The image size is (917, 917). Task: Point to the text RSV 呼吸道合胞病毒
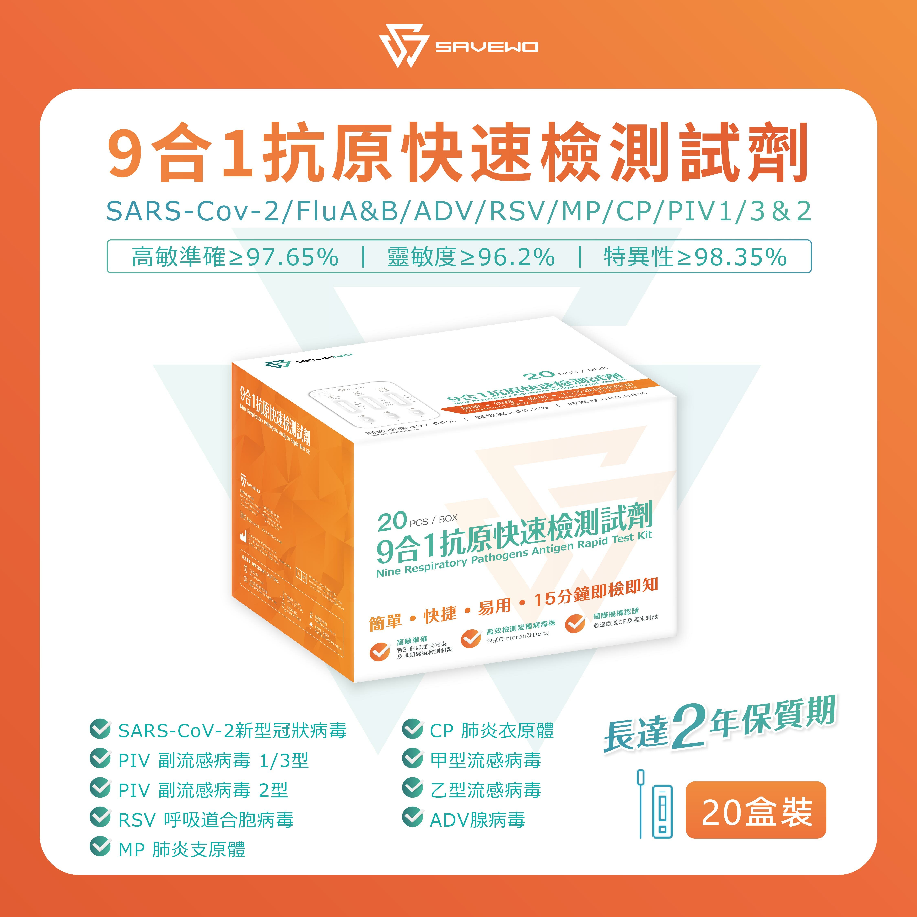click(206, 820)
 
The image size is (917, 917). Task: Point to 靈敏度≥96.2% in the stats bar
click(470, 257)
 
